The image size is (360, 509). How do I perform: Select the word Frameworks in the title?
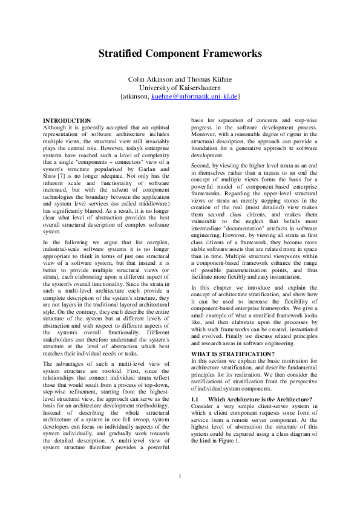coord(233,54)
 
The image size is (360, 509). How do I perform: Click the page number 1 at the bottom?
coord(180,476)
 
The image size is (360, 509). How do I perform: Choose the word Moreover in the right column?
coord(205,134)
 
